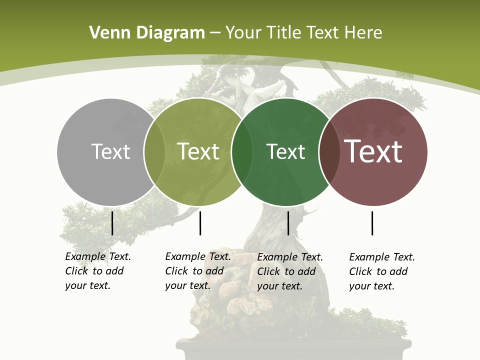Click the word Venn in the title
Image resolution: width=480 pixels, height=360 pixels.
(107, 33)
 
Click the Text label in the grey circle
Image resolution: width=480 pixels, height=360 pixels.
(110, 151)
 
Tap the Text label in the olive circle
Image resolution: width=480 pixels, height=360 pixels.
(198, 151)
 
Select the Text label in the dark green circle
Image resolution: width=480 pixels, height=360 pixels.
(285, 151)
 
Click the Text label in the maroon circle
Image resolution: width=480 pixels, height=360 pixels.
(373, 151)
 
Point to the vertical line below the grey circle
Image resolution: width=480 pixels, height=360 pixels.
(112, 223)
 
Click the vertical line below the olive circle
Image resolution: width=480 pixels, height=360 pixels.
(200, 223)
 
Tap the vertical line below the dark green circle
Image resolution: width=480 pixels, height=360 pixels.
(288, 223)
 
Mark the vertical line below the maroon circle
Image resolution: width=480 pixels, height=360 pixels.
(372, 223)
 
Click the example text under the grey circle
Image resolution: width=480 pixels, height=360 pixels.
(97, 271)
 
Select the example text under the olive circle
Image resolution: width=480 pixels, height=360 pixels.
(197, 271)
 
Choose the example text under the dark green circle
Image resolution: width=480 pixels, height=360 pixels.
(289, 271)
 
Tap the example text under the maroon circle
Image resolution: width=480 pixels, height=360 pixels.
(381, 271)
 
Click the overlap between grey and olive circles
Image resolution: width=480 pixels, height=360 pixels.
(154, 152)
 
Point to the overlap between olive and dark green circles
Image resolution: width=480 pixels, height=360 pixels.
(242, 152)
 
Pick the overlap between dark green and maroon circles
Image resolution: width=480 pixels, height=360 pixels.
(329, 152)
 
